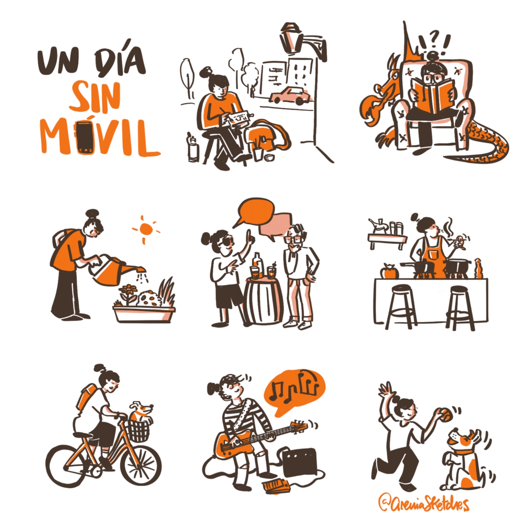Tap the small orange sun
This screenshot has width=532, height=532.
pyautogui.click(x=145, y=229)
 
